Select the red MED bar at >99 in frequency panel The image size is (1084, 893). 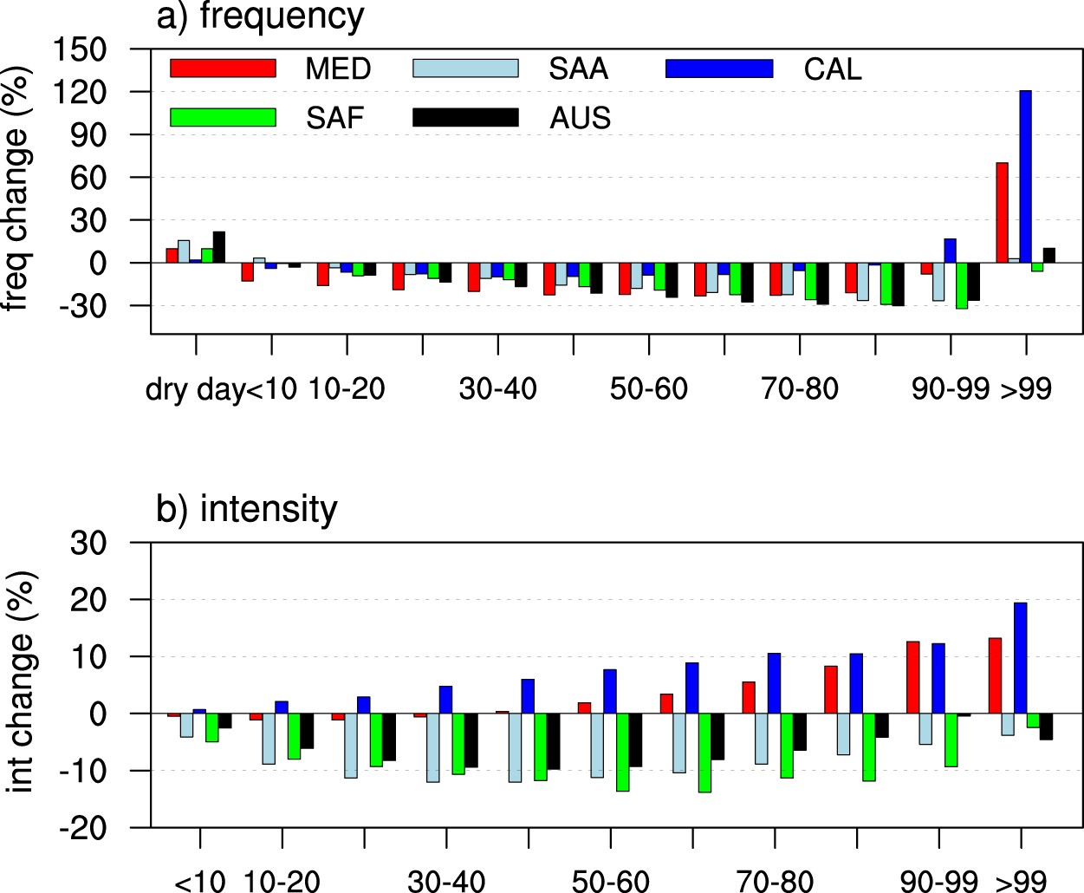click(1002, 212)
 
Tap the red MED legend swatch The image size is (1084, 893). click(223, 68)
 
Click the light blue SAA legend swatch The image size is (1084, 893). click(465, 68)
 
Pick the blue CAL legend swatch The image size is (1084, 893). click(718, 68)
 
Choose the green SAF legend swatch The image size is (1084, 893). click(223, 117)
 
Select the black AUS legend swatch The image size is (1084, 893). click(465, 117)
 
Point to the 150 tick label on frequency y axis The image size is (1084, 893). click(80, 49)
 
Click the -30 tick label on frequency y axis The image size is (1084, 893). click(80, 306)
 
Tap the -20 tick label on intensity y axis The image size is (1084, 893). click(83, 828)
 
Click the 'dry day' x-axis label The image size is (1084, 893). click(194, 389)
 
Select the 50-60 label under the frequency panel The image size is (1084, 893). click(648, 389)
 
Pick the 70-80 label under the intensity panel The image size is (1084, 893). click(775, 882)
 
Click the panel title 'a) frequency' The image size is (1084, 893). click(260, 17)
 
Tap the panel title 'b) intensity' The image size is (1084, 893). click(246, 509)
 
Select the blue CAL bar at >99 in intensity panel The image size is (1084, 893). click(1020, 658)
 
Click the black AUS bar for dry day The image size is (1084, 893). click(218, 247)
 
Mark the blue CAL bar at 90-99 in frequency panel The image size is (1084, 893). click(950, 251)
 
